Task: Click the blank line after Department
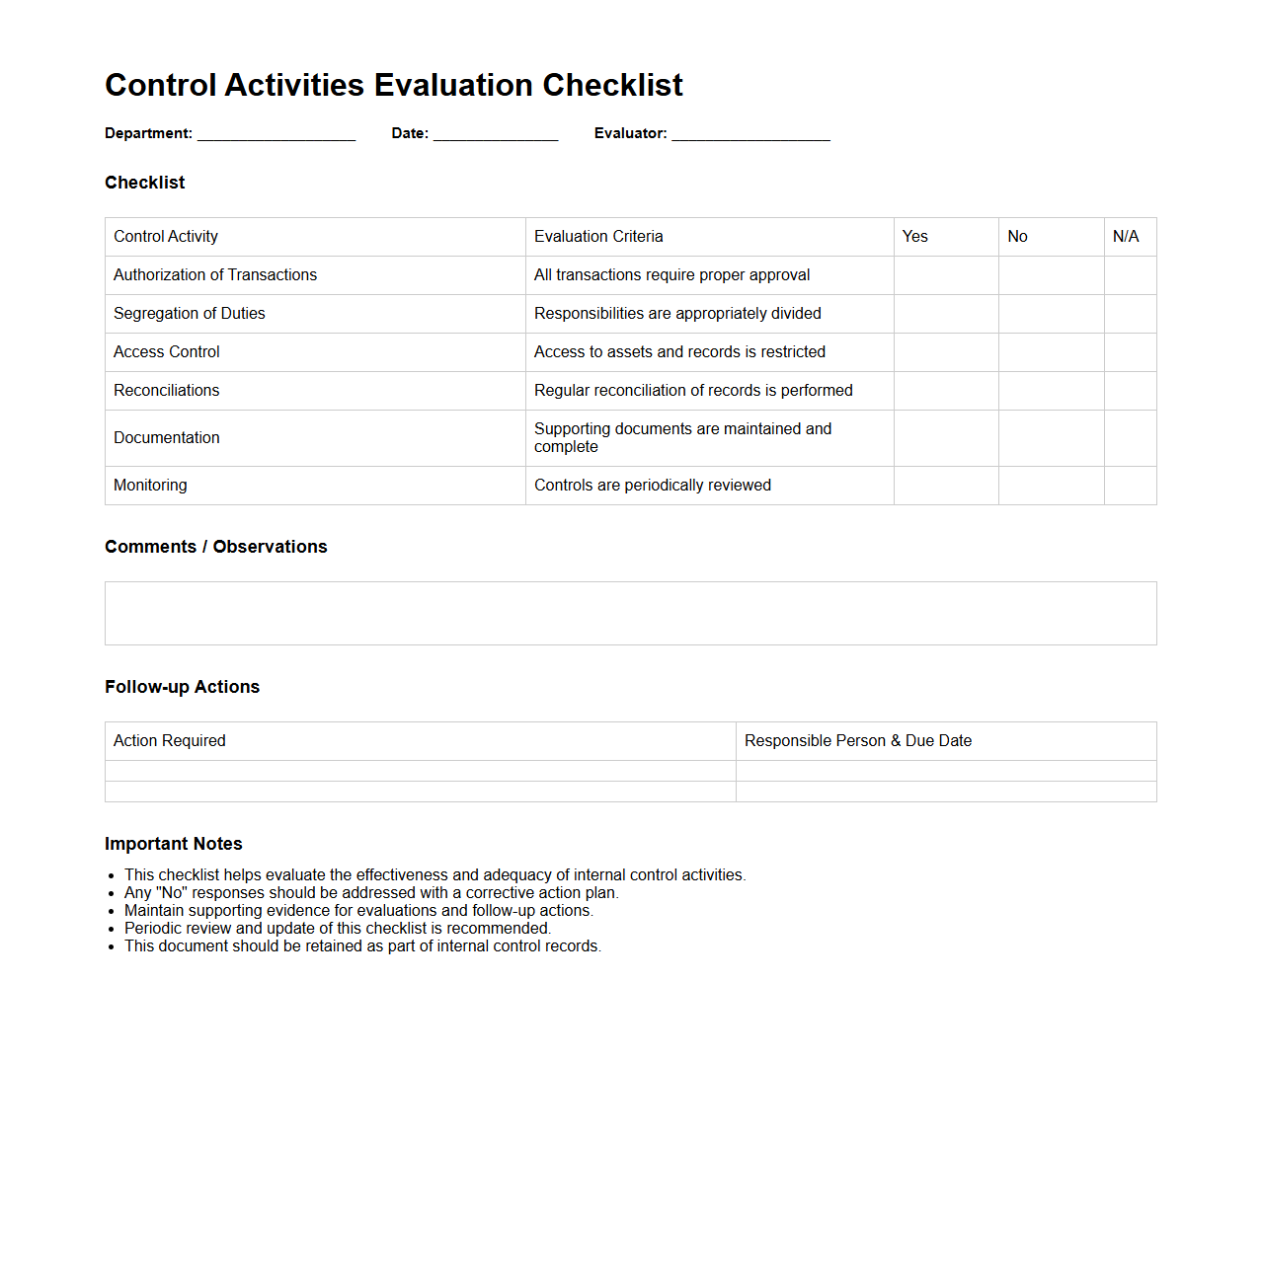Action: (276, 134)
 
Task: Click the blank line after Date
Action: (496, 134)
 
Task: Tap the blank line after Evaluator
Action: (750, 134)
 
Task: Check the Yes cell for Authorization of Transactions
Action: (946, 275)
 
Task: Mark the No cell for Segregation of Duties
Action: (1051, 314)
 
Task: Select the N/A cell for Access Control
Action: (1130, 352)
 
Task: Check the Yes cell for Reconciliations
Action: (946, 391)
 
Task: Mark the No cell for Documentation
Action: (1051, 438)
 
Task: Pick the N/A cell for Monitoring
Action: (1130, 486)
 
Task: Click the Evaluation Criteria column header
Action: (598, 237)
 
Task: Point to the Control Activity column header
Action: (166, 237)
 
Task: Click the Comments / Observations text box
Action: (630, 613)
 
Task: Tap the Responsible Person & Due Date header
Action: (857, 741)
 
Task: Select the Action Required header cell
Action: (170, 741)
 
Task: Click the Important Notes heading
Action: (174, 844)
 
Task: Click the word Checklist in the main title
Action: (612, 86)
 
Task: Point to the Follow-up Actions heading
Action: (182, 687)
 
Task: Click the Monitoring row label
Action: (150, 486)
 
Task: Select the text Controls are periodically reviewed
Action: (652, 486)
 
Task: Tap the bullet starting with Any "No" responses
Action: (371, 893)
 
